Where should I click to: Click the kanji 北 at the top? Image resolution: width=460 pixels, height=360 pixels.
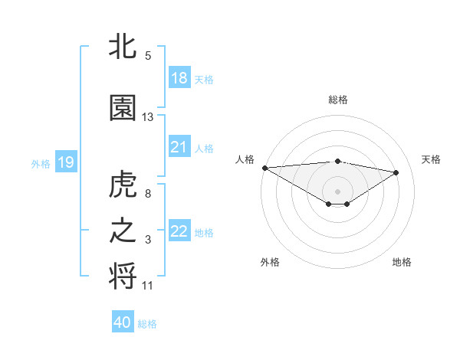tap(123, 47)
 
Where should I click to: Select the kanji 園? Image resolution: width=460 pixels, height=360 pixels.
tap(123, 109)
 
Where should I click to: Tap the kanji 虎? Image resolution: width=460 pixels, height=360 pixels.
tap(123, 185)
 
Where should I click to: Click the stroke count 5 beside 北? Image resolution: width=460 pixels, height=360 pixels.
tap(148, 55)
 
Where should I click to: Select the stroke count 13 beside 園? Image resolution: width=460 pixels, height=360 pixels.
tap(148, 117)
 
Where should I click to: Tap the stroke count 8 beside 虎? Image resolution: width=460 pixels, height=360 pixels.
tap(148, 193)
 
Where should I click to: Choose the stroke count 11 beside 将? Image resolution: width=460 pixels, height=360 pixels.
tap(148, 286)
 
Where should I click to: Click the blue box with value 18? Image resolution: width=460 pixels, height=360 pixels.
tap(179, 78)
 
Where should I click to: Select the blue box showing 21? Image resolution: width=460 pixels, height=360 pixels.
tap(179, 147)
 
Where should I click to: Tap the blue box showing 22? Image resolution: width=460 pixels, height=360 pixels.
tap(179, 231)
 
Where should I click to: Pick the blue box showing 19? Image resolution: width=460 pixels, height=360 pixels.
tap(65, 162)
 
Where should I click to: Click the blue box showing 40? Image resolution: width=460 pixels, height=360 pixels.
tap(123, 322)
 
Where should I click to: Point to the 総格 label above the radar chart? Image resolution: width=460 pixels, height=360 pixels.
tap(337, 100)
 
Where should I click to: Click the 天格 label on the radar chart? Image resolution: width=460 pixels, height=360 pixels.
tap(431, 159)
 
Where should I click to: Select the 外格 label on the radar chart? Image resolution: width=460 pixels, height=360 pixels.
tap(270, 262)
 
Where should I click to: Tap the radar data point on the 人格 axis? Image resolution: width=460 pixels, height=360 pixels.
tap(264, 167)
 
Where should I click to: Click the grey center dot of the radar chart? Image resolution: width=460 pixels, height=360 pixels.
tap(337, 190)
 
